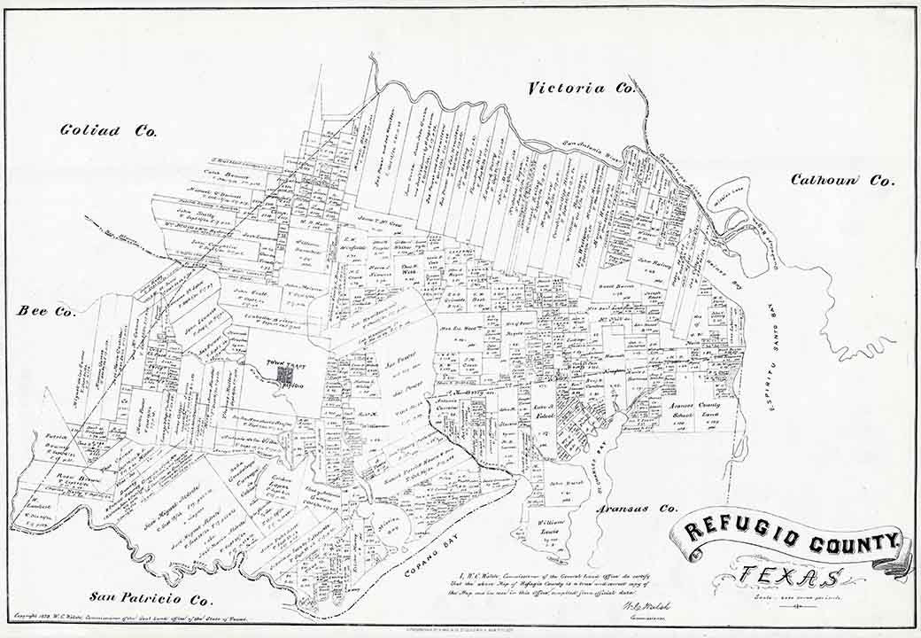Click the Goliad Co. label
[108, 130]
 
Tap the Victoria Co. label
[582, 88]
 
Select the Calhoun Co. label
[842, 180]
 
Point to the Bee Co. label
[46, 311]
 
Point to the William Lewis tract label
[555, 530]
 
